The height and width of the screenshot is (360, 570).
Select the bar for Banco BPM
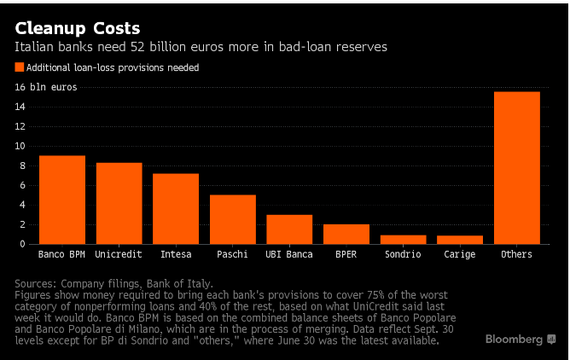[x=62, y=200]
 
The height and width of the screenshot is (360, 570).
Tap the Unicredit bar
[x=119, y=203]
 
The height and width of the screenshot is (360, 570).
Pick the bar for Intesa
[x=176, y=208]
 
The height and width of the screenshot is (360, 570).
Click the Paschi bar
[x=232, y=219]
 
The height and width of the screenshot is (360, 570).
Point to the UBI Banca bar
[x=289, y=229]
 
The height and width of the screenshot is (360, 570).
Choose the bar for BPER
[x=346, y=234]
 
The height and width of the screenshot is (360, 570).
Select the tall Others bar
[x=517, y=167]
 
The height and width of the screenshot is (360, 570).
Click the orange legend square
[x=20, y=67]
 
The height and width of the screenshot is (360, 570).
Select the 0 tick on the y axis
[x=23, y=244]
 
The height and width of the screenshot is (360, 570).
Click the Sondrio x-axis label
[x=403, y=254]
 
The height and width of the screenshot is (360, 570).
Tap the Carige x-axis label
[x=460, y=254]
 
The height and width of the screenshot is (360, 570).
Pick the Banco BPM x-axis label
[x=62, y=254]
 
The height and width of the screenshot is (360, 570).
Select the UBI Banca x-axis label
[x=289, y=254]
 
